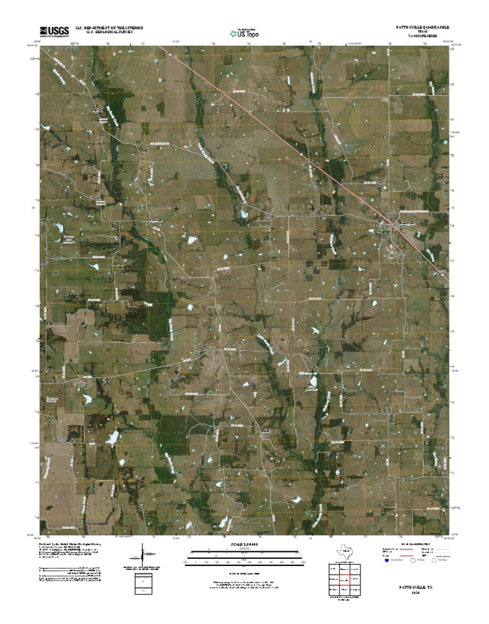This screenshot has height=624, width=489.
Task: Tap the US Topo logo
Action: pyautogui.click(x=244, y=32)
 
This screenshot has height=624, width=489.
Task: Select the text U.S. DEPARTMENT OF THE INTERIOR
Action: pyautogui.click(x=110, y=28)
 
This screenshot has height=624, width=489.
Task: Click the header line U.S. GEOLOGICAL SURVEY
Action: pyautogui.click(x=106, y=33)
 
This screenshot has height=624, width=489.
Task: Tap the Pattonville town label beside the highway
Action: pyautogui.click(x=407, y=224)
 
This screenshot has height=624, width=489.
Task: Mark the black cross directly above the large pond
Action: pyautogui.click(x=313, y=371)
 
